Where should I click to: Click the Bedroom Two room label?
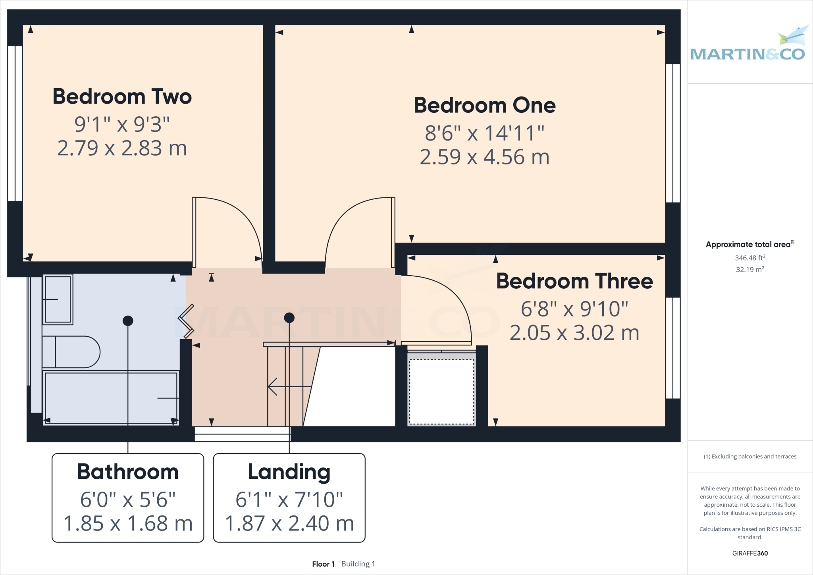[122, 96]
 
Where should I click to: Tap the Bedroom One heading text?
[484, 105]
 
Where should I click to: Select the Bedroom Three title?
[574, 281]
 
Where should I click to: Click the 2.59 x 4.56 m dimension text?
[484, 157]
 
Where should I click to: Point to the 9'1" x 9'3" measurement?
[122, 124]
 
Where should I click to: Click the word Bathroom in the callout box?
[128, 472]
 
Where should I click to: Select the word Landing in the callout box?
[289, 472]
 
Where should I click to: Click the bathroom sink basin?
[58, 299]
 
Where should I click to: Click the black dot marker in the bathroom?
[128, 320]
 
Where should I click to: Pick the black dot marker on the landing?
[289, 318]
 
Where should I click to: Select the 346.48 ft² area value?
[750, 258]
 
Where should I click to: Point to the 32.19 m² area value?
[750, 269]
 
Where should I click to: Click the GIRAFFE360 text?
[750, 553]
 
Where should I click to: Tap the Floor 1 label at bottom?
[323, 564]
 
